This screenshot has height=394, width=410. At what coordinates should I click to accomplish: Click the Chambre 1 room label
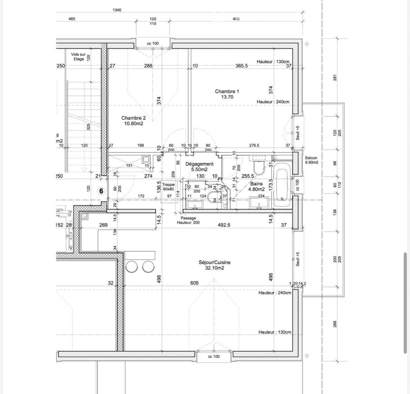tap(227, 94)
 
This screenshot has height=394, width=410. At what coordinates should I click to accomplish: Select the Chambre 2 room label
tap(133, 121)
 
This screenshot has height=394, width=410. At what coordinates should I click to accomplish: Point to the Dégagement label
tap(199, 167)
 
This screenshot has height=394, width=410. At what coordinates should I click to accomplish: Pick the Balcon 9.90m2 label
tap(312, 160)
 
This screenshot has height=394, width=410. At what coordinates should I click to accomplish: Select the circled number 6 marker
tap(101, 191)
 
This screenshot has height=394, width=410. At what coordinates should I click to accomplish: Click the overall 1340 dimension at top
tap(117, 10)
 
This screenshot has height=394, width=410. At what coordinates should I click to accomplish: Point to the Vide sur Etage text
tap(78, 57)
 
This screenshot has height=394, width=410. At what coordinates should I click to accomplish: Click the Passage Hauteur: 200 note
tap(189, 220)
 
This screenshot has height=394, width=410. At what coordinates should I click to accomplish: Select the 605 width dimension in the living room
tap(194, 283)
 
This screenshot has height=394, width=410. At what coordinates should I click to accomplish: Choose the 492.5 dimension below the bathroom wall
tap(224, 225)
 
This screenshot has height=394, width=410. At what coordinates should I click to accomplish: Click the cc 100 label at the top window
tap(153, 43)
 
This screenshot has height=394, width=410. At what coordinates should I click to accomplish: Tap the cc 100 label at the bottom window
tap(214, 356)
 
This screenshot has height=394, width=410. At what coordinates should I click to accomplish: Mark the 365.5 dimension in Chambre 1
tap(242, 66)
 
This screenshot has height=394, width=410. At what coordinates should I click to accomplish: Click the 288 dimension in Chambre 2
tap(148, 66)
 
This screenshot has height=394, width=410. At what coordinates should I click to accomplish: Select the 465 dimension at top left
tap(72, 19)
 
